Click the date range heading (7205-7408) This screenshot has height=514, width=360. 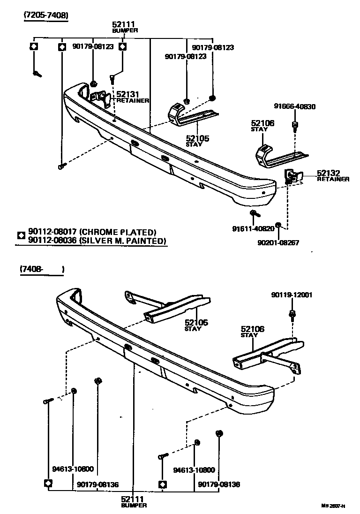(x=46, y=15)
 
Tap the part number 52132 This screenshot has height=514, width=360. (x=328, y=173)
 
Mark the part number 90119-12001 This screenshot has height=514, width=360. (x=292, y=295)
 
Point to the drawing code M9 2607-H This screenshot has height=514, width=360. (x=333, y=506)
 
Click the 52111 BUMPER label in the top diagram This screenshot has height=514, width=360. (x=125, y=26)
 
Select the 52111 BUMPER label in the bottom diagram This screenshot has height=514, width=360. (x=134, y=502)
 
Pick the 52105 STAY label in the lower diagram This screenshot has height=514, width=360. (x=196, y=325)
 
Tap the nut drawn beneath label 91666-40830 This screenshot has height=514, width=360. (x=295, y=124)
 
